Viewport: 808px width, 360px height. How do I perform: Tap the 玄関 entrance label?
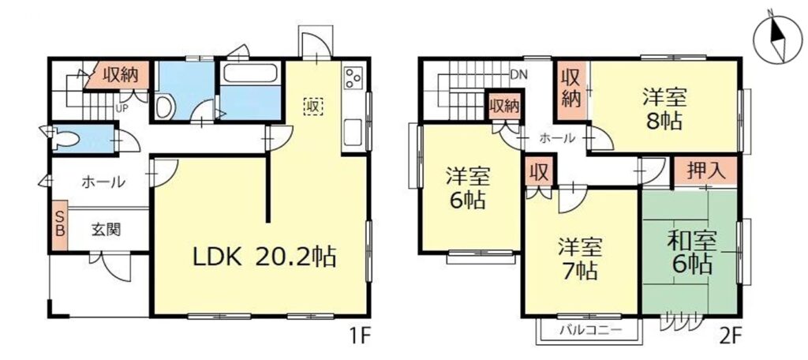[105, 231]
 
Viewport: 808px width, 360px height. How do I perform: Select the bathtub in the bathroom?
[249, 75]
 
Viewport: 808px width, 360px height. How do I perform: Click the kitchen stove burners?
[353, 79]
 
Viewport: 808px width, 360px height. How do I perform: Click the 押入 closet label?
[704, 169]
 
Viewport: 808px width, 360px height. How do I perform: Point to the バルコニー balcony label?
[588, 329]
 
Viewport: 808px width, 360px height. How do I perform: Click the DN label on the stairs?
[518, 75]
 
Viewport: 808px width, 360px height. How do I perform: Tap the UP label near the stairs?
[122, 107]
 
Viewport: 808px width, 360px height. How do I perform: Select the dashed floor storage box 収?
[312, 106]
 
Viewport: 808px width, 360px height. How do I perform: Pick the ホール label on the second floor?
[555, 138]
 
